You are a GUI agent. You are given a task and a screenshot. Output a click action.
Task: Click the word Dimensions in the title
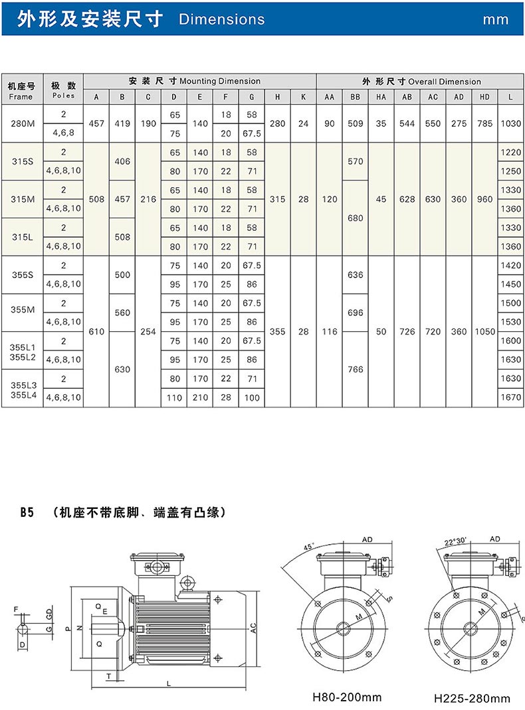click(x=221, y=19)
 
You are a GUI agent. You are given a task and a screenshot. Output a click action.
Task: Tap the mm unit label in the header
click(x=496, y=19)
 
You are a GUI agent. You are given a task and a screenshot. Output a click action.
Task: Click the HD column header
click(x=484, y=97)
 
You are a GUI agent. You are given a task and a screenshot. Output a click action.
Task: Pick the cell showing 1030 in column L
click(x=510, y=123)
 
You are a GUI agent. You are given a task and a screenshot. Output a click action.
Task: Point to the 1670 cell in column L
click(x=510, y=397)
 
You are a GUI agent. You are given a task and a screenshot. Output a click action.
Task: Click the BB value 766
click(x=356, y=369)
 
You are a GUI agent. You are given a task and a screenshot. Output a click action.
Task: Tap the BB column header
click(x=356, y=97)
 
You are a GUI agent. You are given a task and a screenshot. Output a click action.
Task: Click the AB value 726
click(x=407, y=331)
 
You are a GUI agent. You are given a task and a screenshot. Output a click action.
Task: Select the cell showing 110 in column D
click(x=174, y=397)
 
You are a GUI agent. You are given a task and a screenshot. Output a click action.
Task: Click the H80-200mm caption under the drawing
click(x=348, y=697)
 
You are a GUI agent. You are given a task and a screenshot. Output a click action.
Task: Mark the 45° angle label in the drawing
click(x=307, y=547)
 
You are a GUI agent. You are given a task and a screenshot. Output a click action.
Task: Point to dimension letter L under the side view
click(x=169, y=682)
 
